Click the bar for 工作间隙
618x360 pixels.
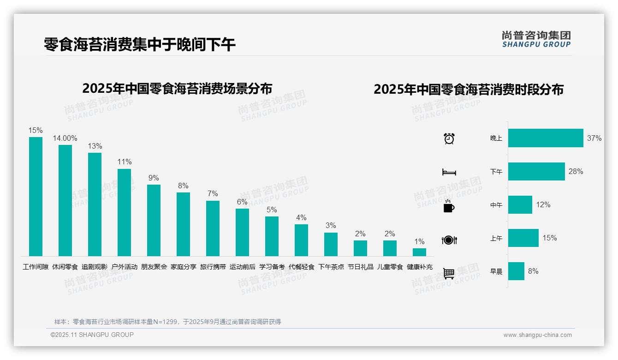(36, 196)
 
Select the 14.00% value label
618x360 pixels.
(65, 138)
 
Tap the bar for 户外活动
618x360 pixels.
(124, 212)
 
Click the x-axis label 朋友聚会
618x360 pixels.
(154, 267)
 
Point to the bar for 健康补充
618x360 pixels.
(419, 252)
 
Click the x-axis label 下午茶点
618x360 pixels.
(331, 267)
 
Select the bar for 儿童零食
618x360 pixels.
(390, 248)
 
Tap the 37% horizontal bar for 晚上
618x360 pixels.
(546, 138)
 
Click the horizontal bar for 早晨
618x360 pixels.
(516, 271)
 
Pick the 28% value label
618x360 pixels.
(576, 171)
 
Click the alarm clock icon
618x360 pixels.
(449, 138)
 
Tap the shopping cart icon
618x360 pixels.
(449, 273)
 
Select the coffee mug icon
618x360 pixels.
(449, 206)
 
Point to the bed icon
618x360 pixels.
(449, 172)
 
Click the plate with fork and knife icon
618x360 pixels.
(449, 240)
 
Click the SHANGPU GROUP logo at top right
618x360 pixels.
(536, 39)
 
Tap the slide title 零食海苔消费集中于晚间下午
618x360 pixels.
(140, 44)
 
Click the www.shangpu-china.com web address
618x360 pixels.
(537, 335)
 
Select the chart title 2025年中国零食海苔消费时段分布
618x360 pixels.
(469, 89)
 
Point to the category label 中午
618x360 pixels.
(496, 205)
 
